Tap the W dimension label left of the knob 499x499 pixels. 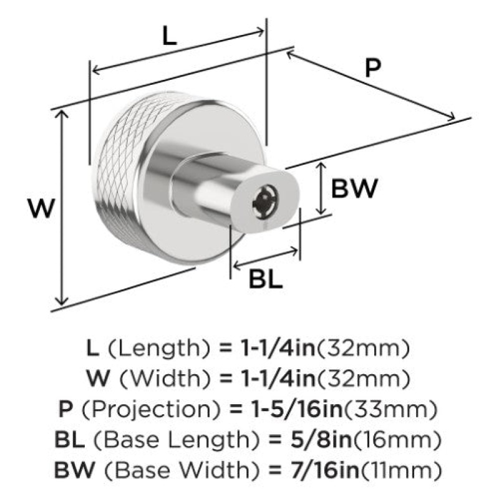[42, 208]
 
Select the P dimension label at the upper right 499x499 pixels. [372, 68]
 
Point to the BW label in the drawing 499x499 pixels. [354, 188]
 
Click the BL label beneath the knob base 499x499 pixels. [266, 279]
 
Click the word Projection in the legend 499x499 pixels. [151, 410]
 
